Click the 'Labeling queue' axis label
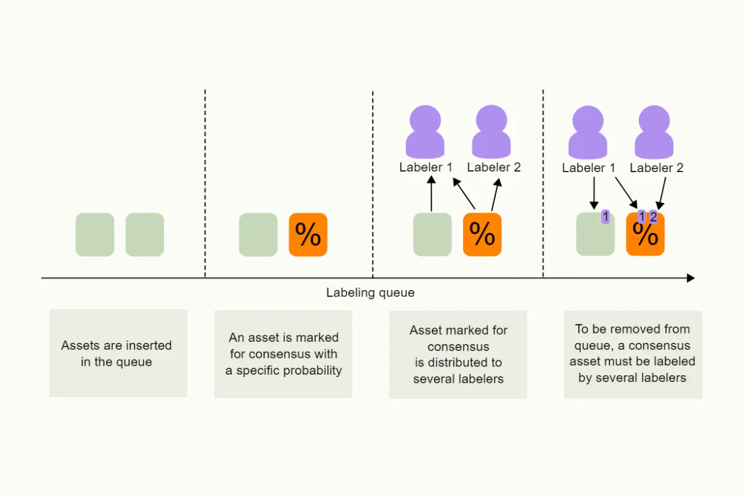370,293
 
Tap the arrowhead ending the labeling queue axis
690,278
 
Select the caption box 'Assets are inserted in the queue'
118,353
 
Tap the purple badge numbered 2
653,217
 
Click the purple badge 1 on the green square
605,217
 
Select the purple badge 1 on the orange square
641,217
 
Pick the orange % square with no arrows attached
308,234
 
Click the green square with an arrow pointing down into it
595,235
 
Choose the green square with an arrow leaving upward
432,235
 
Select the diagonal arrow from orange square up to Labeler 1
464,194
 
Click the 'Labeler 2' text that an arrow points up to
494,167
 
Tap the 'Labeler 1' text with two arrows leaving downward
589,168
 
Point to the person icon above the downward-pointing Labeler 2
654,132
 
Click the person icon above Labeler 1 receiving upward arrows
425,132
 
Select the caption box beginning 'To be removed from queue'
633,354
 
